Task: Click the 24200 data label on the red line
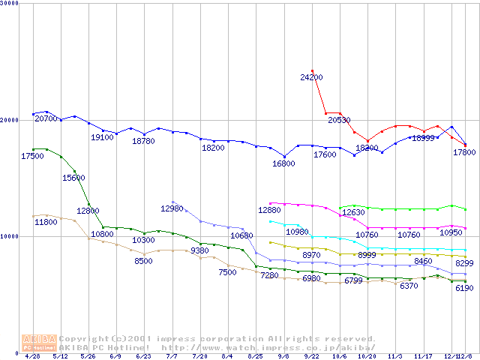click(x=311, y=77)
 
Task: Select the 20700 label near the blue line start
click(x=46, y=118)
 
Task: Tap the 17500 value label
click(x=32, y=156)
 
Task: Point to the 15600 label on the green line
click(x=74, y=178)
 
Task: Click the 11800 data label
click(x=46, y=222)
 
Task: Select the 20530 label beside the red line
click(x=337, y=120)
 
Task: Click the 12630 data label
click(x=352, y=213)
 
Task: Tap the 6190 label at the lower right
click(x=464, y=289)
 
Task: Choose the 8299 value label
click(x=464, y=262)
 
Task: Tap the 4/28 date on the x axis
click(x=32, y=357)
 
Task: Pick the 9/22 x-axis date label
click(x=311, y=357)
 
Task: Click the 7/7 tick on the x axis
click(x=172, y=357)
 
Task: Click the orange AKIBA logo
click(x=40, y=343)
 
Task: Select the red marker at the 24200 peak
click(x=312, y=70)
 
